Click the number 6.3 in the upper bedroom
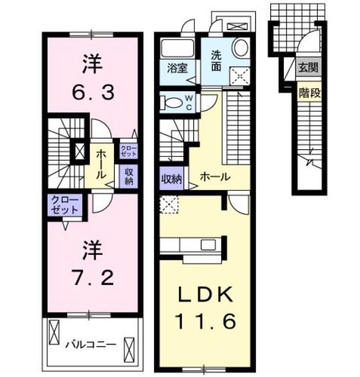click(93, 93)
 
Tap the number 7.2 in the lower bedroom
click(93, 277)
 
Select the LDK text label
click(204, 296)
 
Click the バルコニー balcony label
click(90, 344)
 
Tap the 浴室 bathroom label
click(177, 67)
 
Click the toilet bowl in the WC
click(169, 102)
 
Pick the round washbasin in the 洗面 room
click(240, 48)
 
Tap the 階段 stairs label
click(310, 92)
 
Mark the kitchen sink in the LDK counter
click(208, 245)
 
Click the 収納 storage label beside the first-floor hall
click(170, 179)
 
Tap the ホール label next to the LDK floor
click(215, 178)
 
